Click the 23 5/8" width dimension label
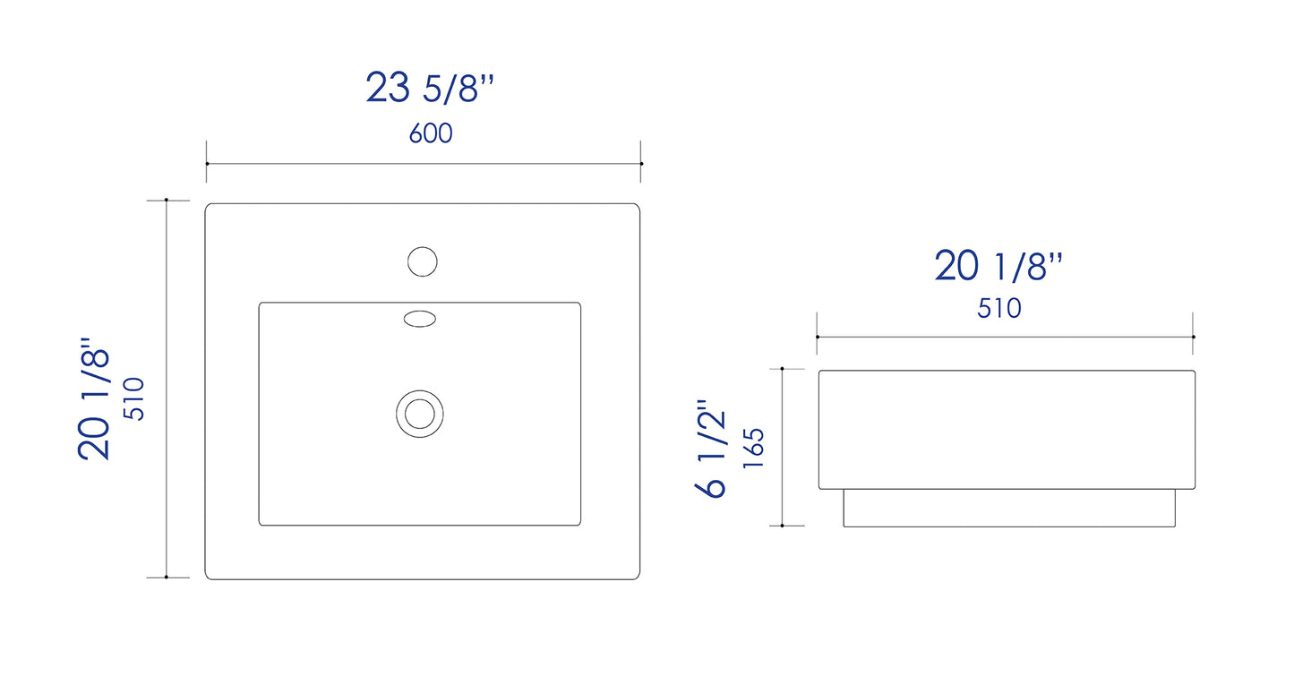pos(430,88)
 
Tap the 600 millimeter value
pos(431,133)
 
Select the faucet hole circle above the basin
pos(423,261)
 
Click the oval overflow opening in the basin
pos(420,319)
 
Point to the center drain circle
pos(420,414)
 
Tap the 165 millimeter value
pos(753,449)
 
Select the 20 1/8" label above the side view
pos(998,266)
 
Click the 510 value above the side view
pos(999,308)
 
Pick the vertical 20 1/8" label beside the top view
pos(93,398)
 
